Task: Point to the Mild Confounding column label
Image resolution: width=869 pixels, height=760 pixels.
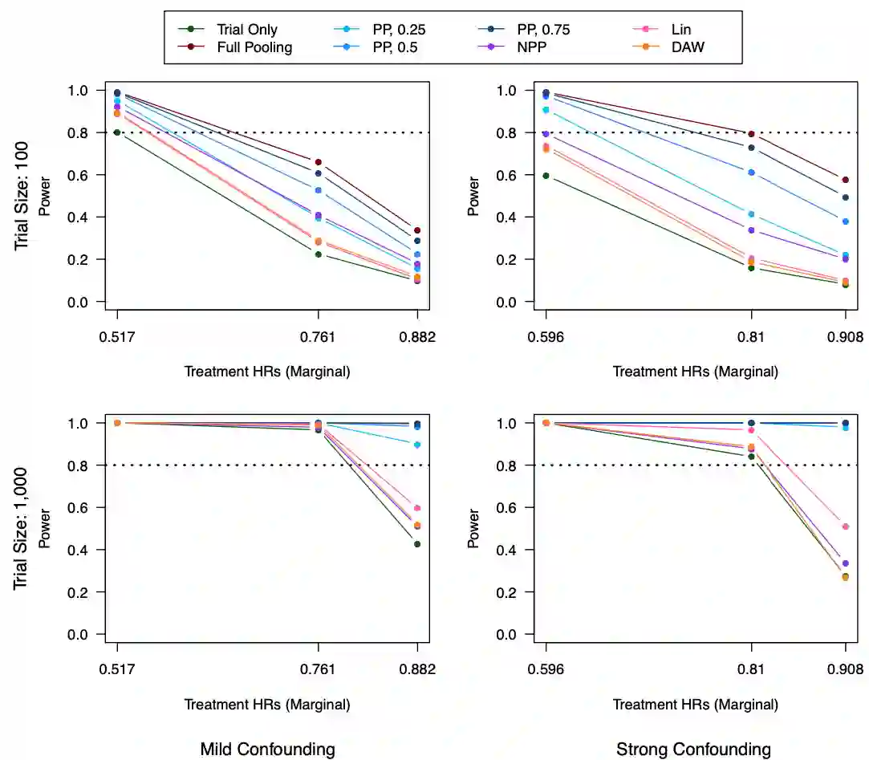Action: coord(267,750)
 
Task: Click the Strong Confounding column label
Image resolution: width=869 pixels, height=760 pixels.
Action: coord(693,750)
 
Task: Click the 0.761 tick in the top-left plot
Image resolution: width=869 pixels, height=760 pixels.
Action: coord(319,337)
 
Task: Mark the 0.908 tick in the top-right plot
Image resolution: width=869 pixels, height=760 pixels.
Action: coord(846,337)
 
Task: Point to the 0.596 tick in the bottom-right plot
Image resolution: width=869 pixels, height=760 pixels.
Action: coord(546,669)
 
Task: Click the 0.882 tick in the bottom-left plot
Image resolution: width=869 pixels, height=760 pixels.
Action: coord(417,669)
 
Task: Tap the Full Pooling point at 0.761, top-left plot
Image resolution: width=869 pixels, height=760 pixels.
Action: coord(319,162)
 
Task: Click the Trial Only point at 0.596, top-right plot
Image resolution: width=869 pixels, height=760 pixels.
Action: coord(546,176)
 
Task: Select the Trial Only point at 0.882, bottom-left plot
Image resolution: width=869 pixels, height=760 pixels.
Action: coord(417,544)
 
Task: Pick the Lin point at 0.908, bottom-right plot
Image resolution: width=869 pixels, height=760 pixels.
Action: coord(846,526)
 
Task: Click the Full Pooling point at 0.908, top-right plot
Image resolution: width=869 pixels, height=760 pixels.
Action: coord(846,180)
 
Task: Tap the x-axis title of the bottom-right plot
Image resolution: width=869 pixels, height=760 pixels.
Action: coord(695,705)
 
